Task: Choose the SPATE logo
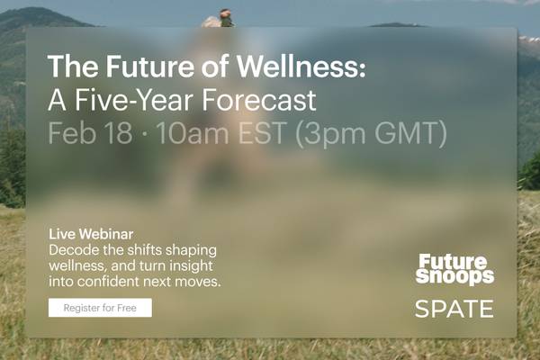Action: pyautogui.click(x=454, y=310)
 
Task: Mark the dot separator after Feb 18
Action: pyautogui.click(x=145, y=134)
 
